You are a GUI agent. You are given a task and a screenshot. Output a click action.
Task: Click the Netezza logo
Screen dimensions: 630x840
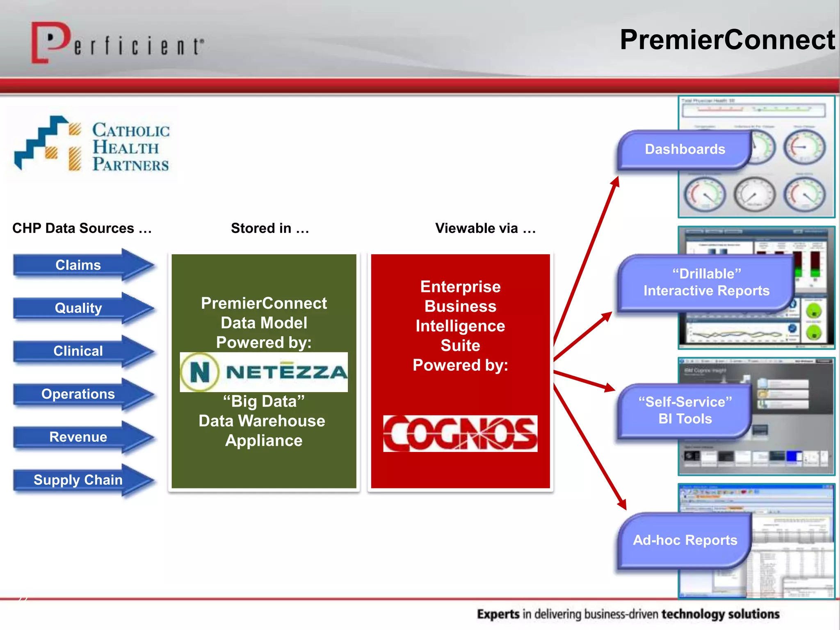click(264, 372)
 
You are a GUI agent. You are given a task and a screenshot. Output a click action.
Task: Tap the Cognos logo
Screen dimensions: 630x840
click(460, 434)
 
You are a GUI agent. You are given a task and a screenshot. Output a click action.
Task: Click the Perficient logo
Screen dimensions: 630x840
click(117, 43)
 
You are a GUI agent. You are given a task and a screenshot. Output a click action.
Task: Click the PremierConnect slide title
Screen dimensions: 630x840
click(727, 40)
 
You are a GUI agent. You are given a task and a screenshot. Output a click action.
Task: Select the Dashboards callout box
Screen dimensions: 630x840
click(685, 149)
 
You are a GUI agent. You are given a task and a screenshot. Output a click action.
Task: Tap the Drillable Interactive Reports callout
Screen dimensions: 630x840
click(706, 283)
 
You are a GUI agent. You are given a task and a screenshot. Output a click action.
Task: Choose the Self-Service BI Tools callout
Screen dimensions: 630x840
click(685, 410)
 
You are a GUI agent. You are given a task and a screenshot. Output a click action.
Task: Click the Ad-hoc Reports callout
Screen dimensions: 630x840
click(685, 540)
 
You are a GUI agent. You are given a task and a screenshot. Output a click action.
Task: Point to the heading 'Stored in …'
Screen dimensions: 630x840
click(270, 228)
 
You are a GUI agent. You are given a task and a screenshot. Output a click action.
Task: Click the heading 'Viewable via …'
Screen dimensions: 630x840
click(486, 228)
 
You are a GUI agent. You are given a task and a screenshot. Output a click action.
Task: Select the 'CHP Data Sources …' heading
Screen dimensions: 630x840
click(82, 228)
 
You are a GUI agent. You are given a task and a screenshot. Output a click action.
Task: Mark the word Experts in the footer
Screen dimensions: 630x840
click(498, 614)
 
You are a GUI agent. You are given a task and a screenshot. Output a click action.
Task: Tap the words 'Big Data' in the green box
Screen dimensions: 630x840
click(264, 401)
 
